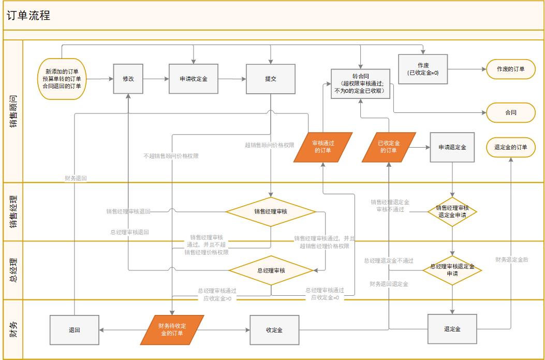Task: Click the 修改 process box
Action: point(128,79)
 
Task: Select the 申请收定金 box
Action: point(193,79)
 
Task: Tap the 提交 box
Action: point(270,79)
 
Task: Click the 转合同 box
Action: point(360,83)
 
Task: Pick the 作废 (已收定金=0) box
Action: point(423,69)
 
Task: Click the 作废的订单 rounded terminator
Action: point(510,69)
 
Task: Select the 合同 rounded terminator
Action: point(510,112)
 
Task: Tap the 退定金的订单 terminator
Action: point(510,147)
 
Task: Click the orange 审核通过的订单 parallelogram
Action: point(323,147)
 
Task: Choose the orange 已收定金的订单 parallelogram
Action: point(388,147)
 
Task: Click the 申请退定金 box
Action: point(452,147)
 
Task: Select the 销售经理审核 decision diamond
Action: point(270,211)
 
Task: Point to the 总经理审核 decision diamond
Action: point(271,270)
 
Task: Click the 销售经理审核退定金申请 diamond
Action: point(452,211)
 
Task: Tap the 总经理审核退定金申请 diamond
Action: point(452,270)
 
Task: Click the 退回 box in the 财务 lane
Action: point(74,330)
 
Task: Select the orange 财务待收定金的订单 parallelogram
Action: point(172,330)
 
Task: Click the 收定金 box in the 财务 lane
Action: point(274,330)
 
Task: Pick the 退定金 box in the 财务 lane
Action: point(452,329)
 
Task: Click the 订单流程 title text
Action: point(28,16)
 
